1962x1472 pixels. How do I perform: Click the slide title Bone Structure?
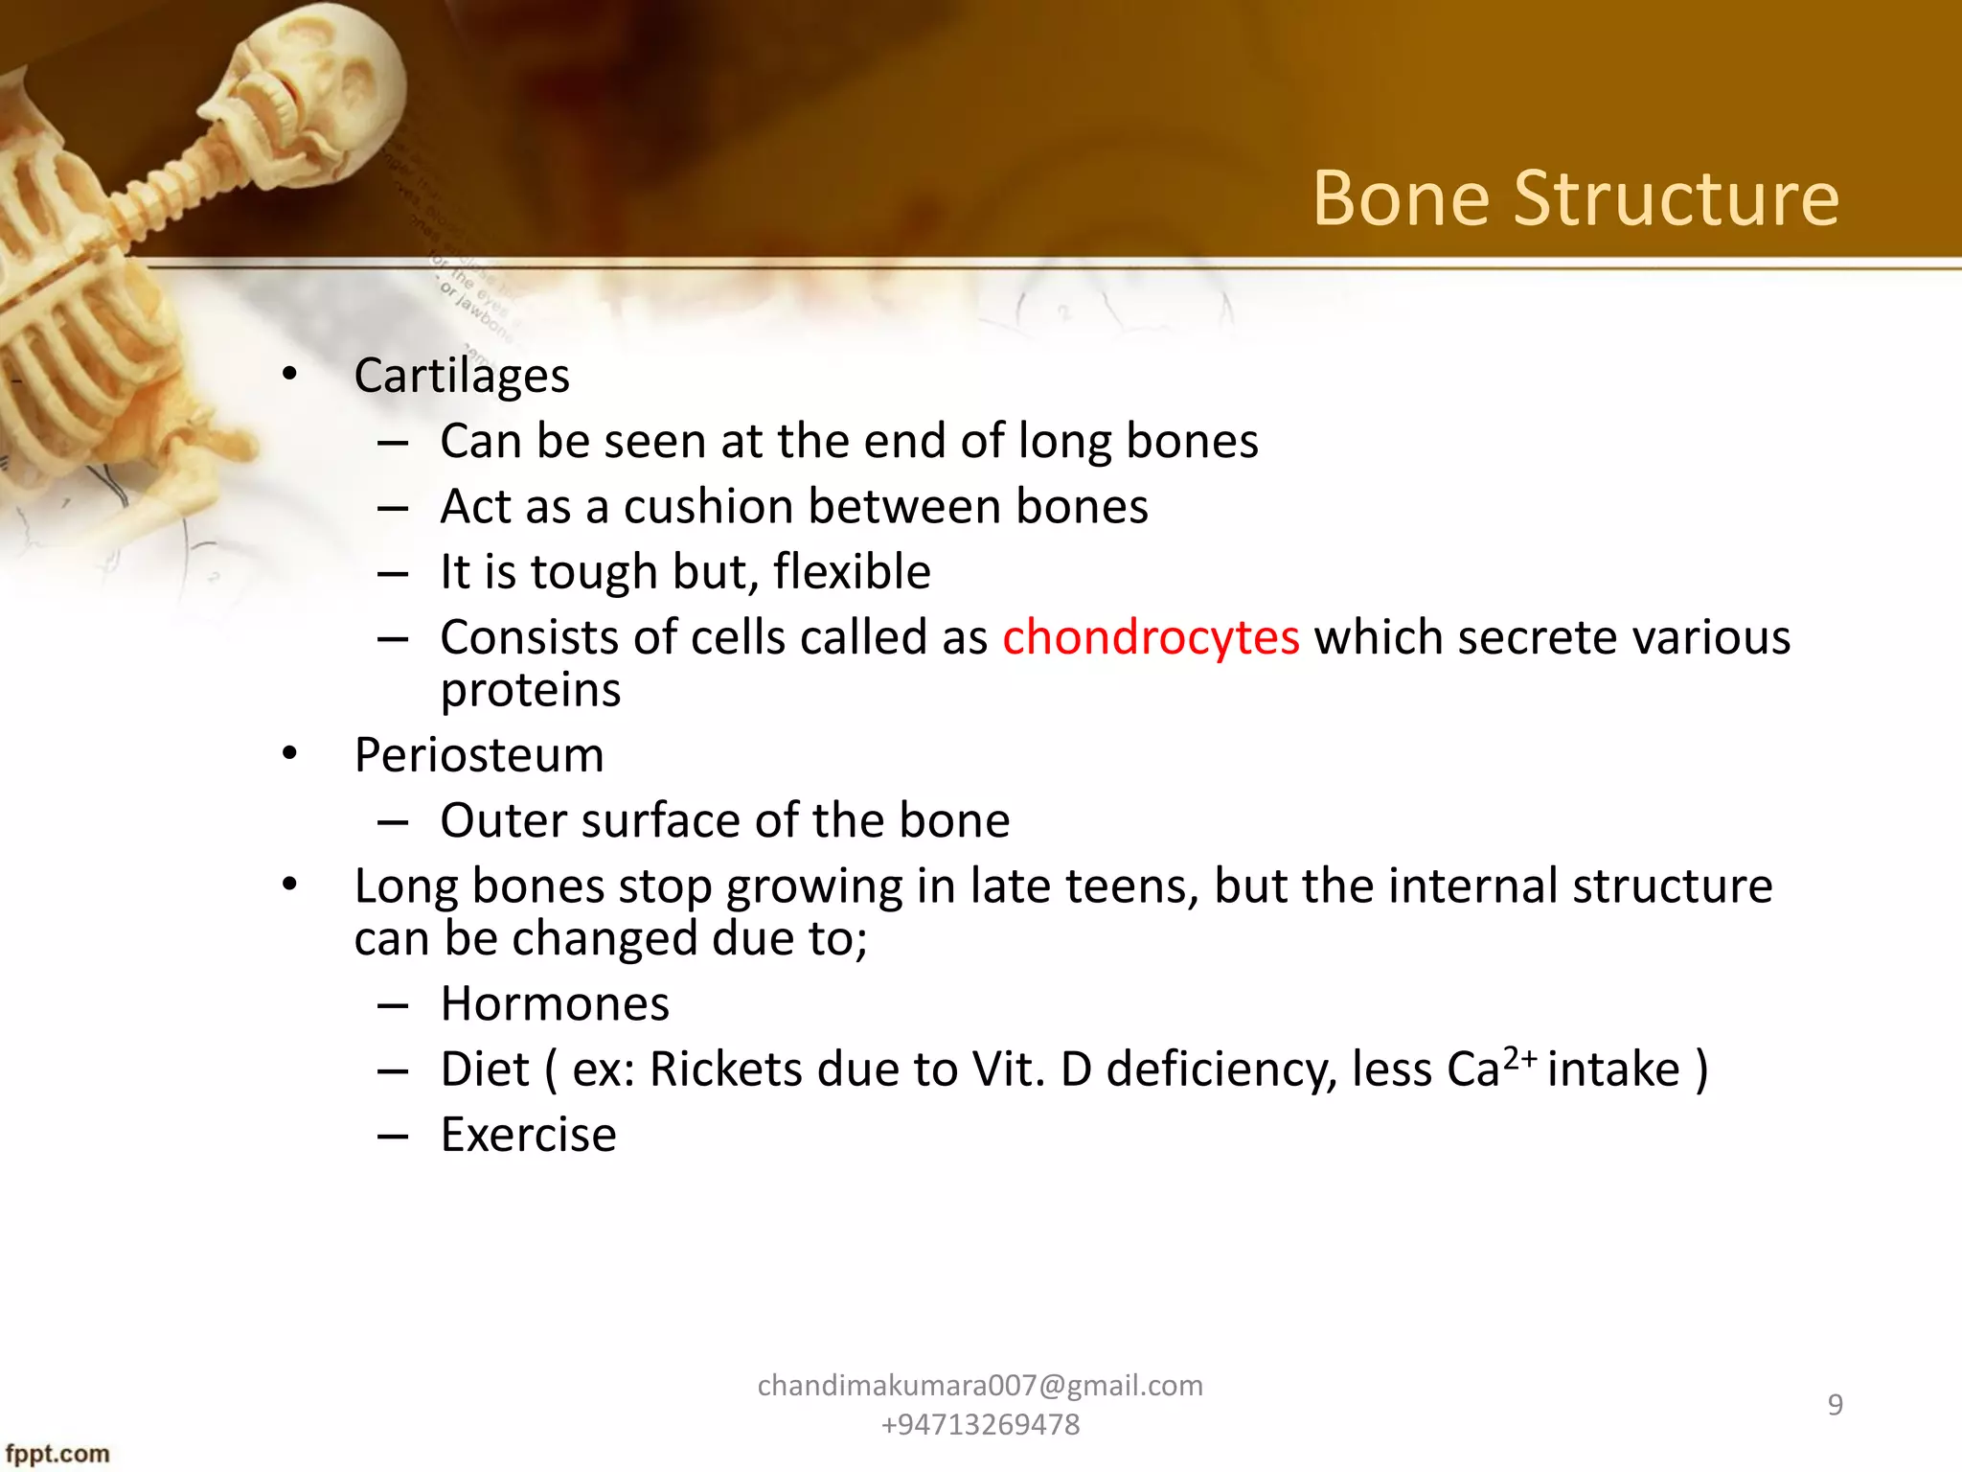pos(1575,198)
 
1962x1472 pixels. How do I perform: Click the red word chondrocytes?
pos(1151,638)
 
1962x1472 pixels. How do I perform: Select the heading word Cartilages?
pos(462,376)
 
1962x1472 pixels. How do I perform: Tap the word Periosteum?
pos(479,755)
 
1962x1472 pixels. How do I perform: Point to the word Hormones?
pos(555,1004)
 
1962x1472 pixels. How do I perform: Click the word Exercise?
pos(528,1136)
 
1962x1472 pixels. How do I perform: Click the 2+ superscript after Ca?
pos(1519,1058)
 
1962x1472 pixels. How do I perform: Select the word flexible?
pos(852,572)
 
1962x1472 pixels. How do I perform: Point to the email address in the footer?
pos(980,1386)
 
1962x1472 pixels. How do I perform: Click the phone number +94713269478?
pos(980,1425)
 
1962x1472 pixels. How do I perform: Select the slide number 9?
pos(1835,1405)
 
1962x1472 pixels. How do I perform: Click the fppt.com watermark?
pos(57,1454)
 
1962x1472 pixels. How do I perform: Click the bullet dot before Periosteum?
pos(290,754)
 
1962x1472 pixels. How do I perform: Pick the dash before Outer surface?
pos(393,822)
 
